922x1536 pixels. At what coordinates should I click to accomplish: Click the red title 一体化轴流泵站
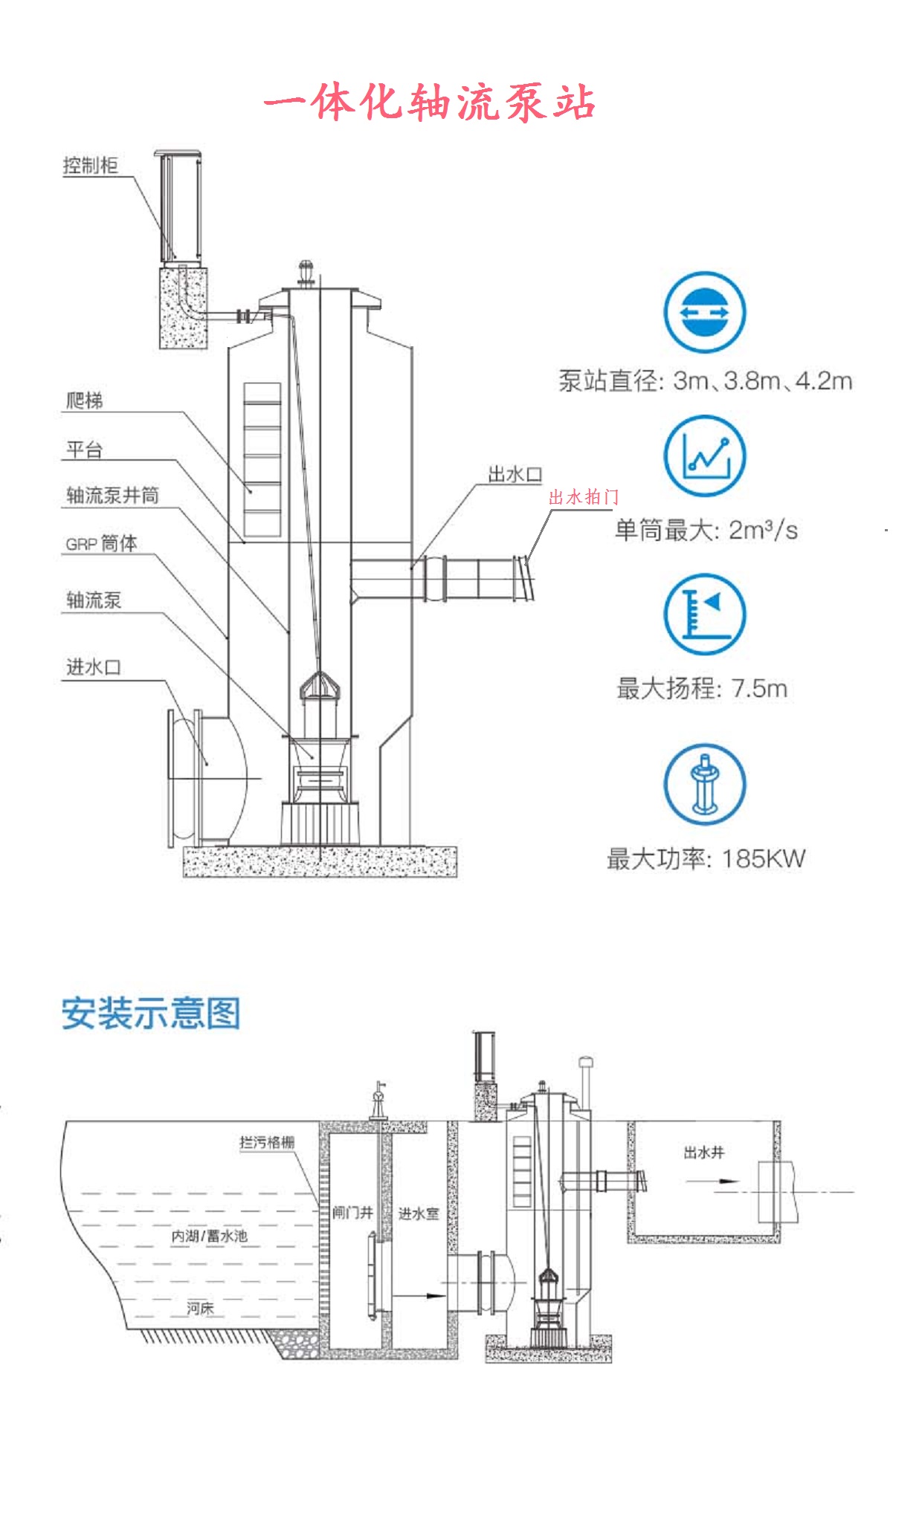tap(430, 103)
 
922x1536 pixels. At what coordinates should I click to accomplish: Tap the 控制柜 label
tap(90, 165)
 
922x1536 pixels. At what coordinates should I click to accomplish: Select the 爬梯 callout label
tap(84, 401)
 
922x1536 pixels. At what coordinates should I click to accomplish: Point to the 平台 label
tap(84, 450)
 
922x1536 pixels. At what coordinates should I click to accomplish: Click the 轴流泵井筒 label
tap(112, 496)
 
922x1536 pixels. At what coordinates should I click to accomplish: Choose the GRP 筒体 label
tap(101, 544)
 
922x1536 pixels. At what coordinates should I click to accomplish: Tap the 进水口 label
tap(94, 667)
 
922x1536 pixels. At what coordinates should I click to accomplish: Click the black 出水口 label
tap(515, 474)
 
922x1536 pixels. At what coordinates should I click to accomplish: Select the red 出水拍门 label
tap(584, 497)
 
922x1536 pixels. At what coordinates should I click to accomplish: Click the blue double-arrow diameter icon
tap(704, 312)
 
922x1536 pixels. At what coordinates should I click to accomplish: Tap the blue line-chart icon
tap(704, 456)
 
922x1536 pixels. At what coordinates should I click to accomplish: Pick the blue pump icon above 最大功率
tap(704, 784)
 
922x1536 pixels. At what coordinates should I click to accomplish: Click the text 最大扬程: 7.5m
tap(701, 688)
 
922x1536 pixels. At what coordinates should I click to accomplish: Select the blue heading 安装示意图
tap(151, 1014)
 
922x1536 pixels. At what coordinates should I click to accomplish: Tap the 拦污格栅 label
tap(267, 1142)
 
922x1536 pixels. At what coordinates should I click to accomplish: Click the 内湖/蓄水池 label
tap(209, 1236)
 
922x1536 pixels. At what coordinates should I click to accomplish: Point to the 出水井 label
tap(703, 1153)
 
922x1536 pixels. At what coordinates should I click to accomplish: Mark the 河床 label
tap(200, 1308)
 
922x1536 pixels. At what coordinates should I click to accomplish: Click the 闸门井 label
tap(352, 1213)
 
